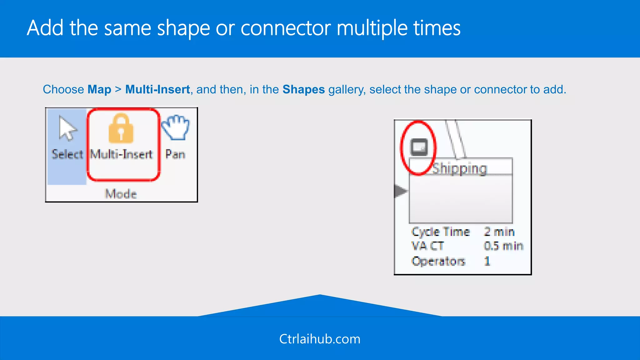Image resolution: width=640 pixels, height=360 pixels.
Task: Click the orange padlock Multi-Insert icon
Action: click(121, 128)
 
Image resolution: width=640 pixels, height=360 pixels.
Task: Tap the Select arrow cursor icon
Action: click(67, 128)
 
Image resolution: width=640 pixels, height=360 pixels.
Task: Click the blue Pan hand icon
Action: click(176, 127)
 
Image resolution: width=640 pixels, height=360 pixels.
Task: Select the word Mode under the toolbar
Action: click(121, 194)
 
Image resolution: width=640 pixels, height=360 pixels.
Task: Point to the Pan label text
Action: click(175, 154)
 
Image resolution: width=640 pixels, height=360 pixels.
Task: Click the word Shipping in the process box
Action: click(459, 169)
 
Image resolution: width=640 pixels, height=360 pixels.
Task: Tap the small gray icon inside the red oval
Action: click(419, 147)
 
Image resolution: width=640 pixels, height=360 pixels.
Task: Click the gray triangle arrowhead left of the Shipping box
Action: click(400, 191)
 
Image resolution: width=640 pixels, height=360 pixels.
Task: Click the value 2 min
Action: click(499, 232)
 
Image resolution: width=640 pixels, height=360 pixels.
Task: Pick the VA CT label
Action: click(427, 246)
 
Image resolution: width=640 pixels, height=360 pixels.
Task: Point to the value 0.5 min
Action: click(503, 246)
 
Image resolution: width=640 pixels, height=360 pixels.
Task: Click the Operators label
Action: click(438, 261)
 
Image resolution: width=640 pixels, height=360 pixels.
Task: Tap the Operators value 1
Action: click(487, 261)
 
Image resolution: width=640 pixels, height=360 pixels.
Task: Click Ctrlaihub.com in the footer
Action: click(320, 339)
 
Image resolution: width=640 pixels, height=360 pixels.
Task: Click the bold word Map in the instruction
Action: click(99, 90)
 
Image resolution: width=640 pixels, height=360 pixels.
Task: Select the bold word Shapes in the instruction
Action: click(303, 90)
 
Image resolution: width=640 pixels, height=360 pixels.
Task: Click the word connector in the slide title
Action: click(285, 28)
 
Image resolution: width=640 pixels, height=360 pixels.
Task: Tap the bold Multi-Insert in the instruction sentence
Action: click(157, 90)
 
